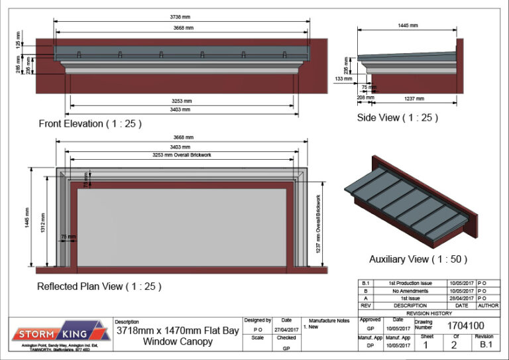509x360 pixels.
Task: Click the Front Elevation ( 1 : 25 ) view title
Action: [90, 124]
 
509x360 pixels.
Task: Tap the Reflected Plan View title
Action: [99, 286]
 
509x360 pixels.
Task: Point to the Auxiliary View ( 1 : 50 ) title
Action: [418, 259]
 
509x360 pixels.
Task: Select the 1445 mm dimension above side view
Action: [408, 25]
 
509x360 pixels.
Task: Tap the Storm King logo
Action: [60, 333]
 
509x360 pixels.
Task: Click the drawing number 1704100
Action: [465, 326]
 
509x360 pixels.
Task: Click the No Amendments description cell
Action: [411, 291]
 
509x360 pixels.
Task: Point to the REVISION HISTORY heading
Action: [429, 313]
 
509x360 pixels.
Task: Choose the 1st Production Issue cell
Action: [411, 283]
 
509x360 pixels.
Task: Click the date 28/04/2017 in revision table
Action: [462, 298]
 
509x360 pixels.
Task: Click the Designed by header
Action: [258, 320]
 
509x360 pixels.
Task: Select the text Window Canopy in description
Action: [178, 342]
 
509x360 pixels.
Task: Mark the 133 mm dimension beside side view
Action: [343, 79]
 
